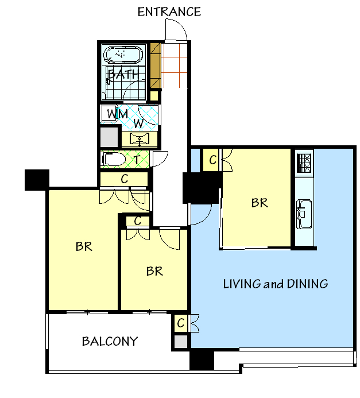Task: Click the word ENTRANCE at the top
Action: coord(169,11)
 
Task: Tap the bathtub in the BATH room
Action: coord(123,55)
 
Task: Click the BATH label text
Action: coord(123,74)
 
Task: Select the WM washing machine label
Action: coord(118,114)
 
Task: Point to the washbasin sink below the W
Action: coord(140,139)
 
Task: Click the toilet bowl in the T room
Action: coord(114,160)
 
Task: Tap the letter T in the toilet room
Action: coord(137,160)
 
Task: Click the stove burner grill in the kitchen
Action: coord(304,163)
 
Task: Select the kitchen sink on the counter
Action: coord(304,214)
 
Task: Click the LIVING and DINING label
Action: coord(276,284)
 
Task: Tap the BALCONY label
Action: coord(110,341)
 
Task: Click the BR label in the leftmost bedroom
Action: coord(84,246)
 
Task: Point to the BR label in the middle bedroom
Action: coord(154,271)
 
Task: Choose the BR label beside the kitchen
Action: coord(260,203)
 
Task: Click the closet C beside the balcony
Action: coord(181,323)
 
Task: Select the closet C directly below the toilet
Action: coord(125,179)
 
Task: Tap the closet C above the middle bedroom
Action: coord(137,221)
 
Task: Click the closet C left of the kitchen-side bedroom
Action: coord(213,160)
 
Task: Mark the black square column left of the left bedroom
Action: coord(37,180)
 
